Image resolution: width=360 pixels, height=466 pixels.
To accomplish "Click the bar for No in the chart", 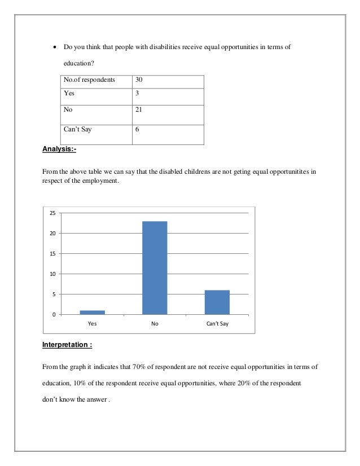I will (x=155, y=267).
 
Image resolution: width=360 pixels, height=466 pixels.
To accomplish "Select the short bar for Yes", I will (x=92, y=312).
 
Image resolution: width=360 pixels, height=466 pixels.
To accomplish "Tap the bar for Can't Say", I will (x=217, y=302).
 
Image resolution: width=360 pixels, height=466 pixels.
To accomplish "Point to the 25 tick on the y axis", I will (x=52, y=213).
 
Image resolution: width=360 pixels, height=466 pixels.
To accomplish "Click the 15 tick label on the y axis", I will (x=52, y=253).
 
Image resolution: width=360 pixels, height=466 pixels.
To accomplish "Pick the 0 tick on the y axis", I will (x=54, y=314).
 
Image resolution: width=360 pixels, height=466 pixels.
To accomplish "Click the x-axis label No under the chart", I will (x=155, y=324).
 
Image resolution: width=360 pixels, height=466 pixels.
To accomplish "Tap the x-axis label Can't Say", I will (x=217, y=324).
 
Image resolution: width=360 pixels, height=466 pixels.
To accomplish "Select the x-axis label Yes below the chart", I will (x=92, y=324).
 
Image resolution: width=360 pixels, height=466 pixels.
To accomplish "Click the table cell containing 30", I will (x=138, y=80).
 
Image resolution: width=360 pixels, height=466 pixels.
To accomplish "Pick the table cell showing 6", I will (x=137, y=129).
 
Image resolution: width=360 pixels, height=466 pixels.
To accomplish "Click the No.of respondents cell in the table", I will (x=90, y=80).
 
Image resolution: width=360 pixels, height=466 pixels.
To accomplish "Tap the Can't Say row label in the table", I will (x=78, y=129).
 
